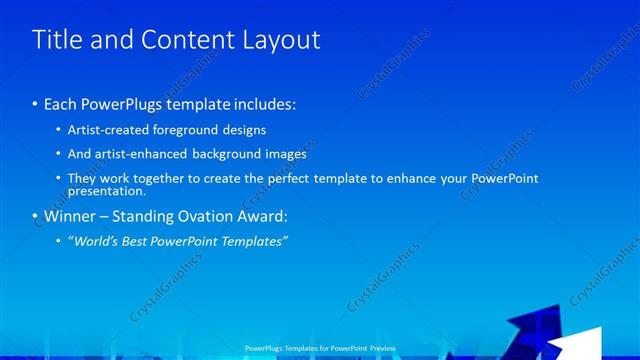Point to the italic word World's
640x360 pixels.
[x=93, y=241]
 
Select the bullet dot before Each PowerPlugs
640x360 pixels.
[x=34, y=104]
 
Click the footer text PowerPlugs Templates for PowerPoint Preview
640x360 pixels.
[x=320, y=348]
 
